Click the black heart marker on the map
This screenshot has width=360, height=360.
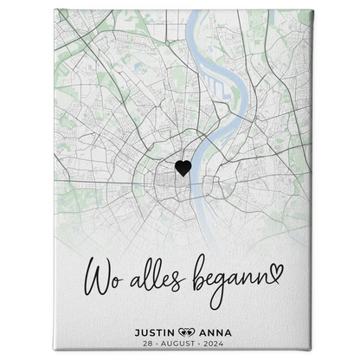(183, 168)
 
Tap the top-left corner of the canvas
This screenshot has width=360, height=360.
(55, 11)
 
